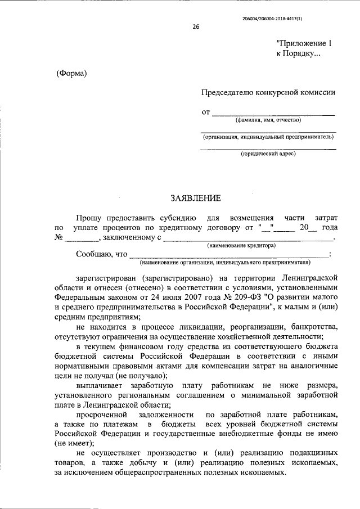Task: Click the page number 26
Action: point(195,26)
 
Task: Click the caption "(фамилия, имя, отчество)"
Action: point(268,120)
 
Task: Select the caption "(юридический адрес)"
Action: point(268,154)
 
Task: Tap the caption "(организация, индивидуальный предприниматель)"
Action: point(268,137)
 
